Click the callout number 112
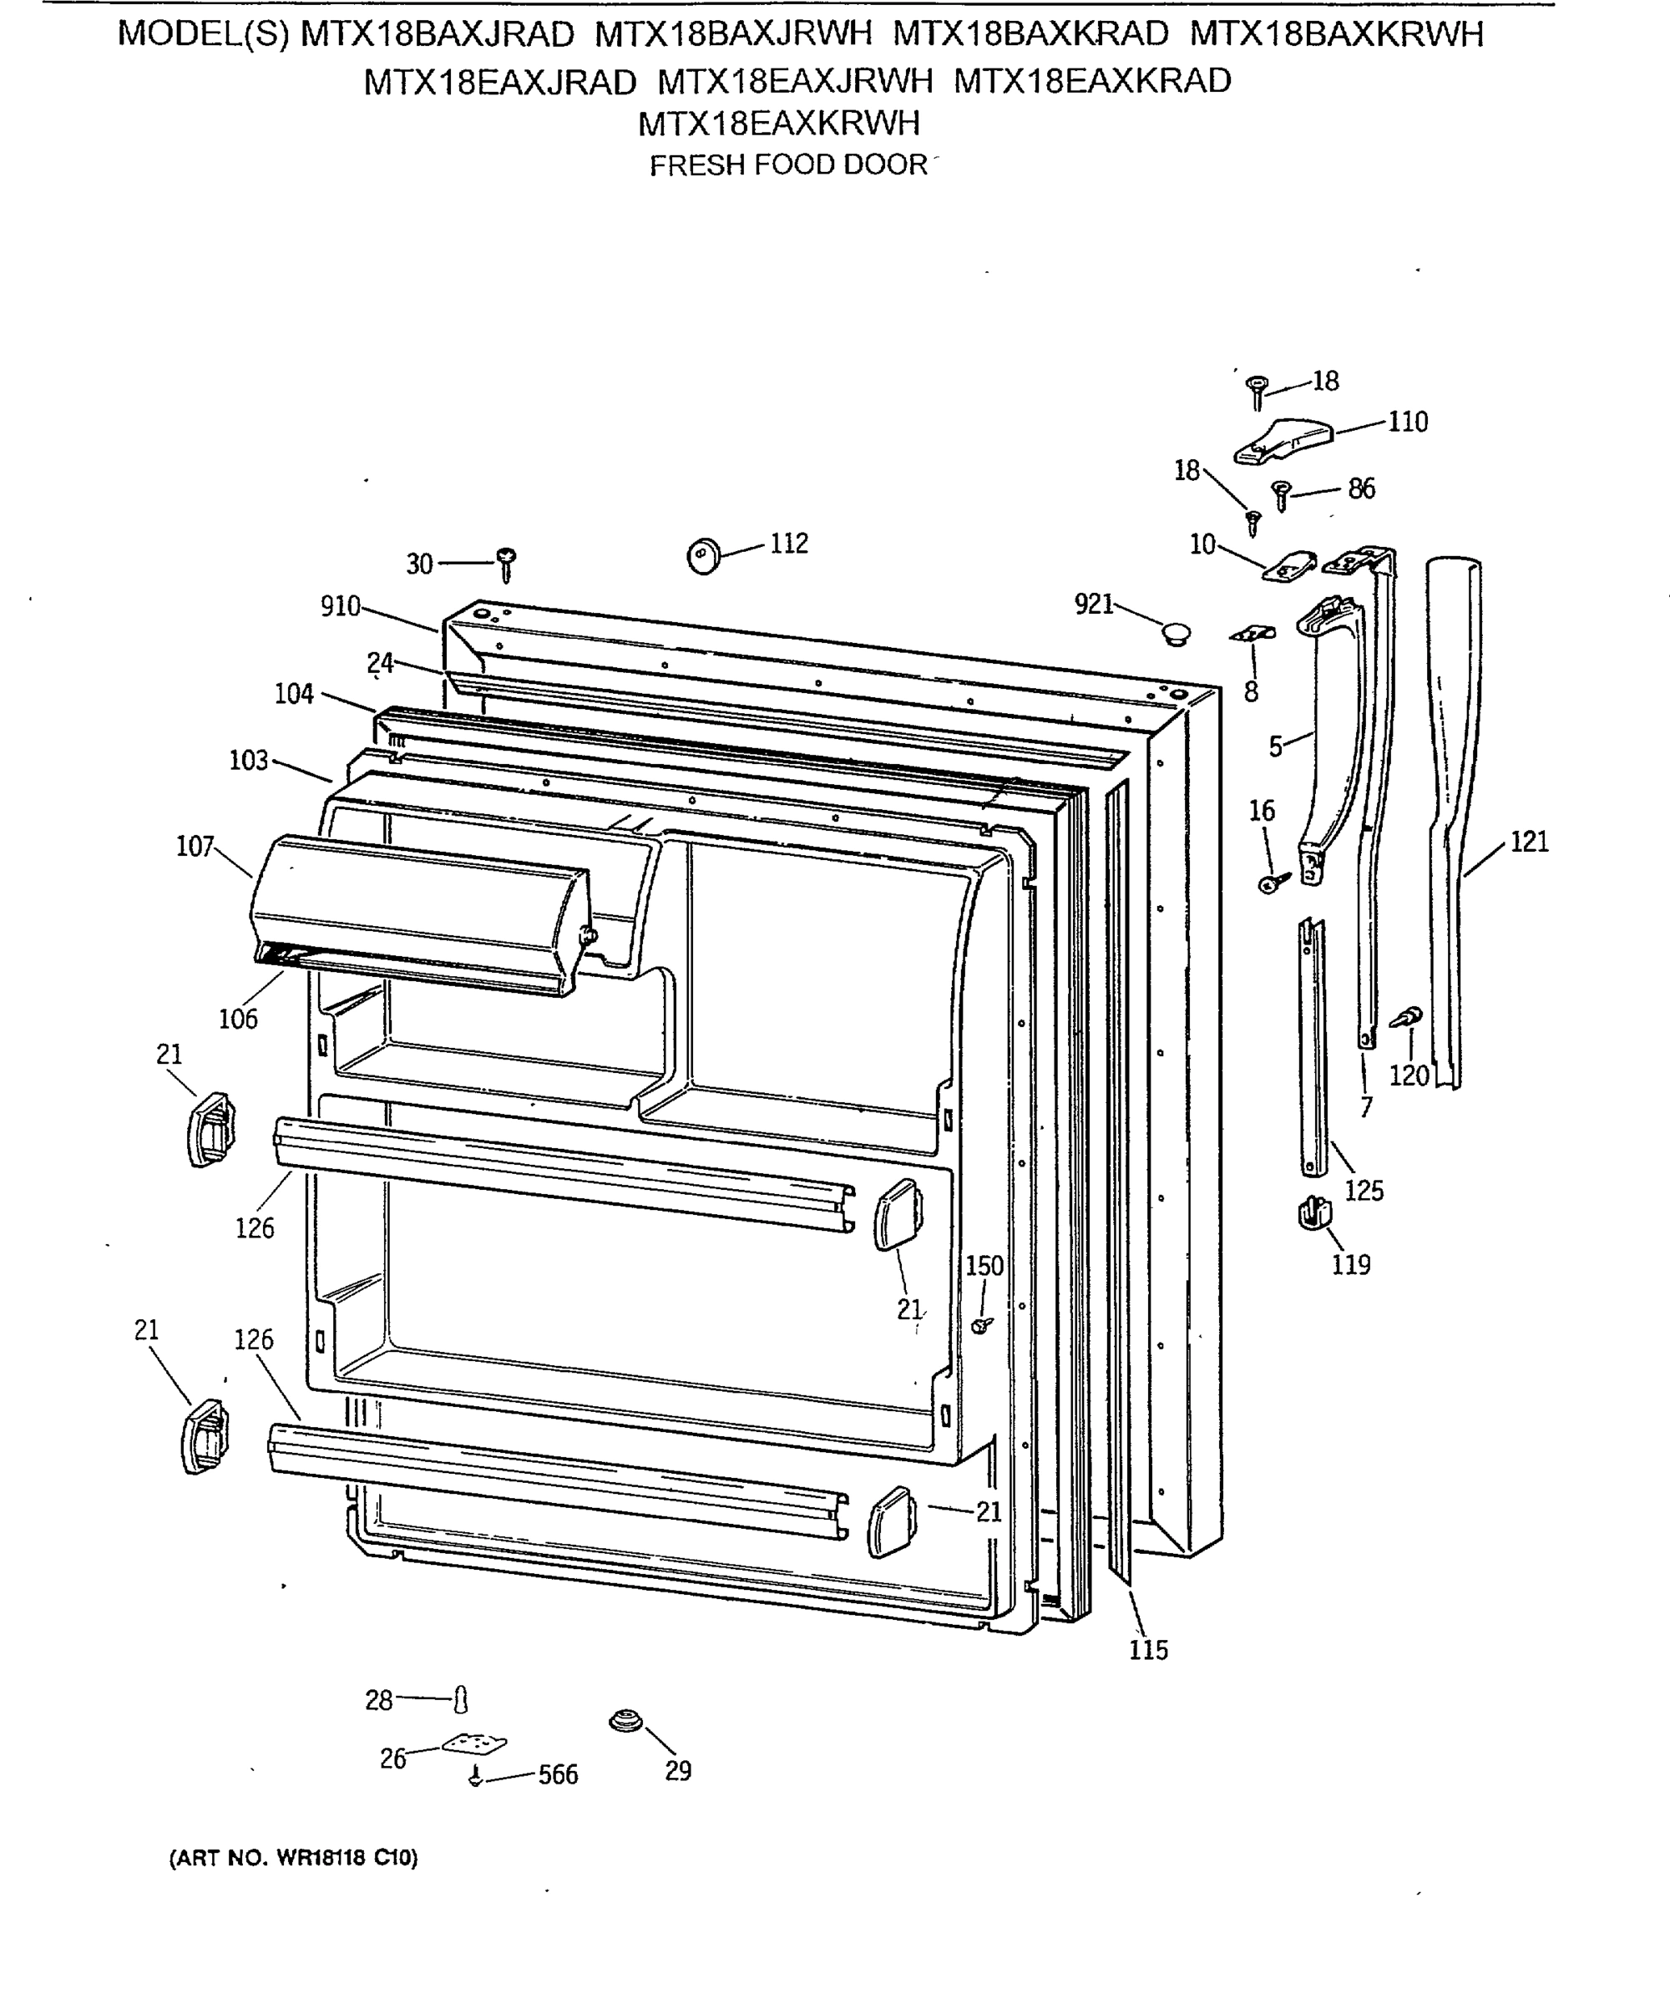(788, 543)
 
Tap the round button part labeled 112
(704, 554)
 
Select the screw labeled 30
(507, 564)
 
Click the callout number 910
(340, 606)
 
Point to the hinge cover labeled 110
(1283, 441)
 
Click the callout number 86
(1361, 488)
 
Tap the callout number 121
(1529, 842)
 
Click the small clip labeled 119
(1313, 1215)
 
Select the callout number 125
(1364, 1190)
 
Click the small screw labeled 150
(981, 1325)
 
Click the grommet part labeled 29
(625, 1723)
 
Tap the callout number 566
(559, 1774)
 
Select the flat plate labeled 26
(474, 1745)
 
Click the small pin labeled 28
(462, 1698)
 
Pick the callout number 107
(195, 846)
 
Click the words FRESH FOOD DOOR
(788, 166)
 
